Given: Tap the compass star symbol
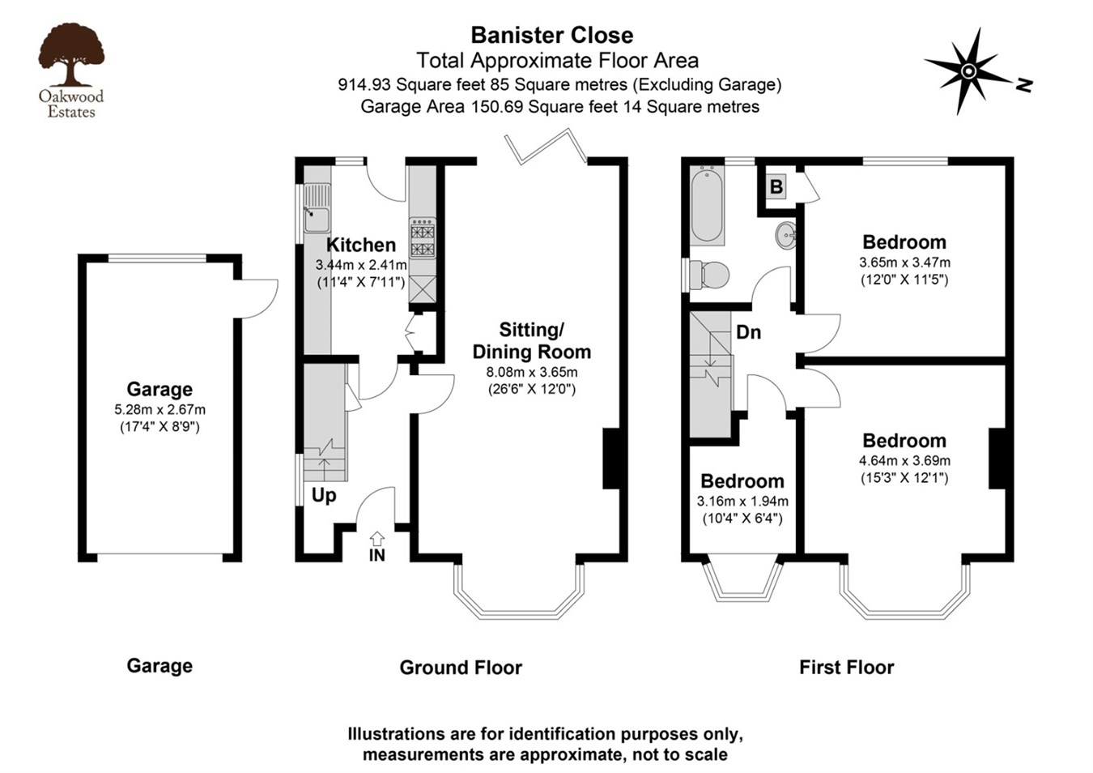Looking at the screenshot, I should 968,71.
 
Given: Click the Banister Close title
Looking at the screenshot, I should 552,35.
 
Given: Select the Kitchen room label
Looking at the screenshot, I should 361,245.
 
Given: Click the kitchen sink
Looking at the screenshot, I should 317,218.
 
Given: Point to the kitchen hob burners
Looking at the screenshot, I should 422,237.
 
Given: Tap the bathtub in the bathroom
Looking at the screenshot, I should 707,204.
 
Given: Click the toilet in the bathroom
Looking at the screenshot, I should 709,274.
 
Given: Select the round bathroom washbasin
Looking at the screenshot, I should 785,236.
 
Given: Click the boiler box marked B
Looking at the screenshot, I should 776,187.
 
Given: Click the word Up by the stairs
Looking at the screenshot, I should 324,495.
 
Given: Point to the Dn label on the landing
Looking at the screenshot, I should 748,332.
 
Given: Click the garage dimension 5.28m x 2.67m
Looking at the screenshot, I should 159,409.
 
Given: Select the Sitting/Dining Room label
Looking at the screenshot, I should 531,340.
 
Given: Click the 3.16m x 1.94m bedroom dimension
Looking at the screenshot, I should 742,501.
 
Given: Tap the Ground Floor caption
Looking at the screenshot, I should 461,668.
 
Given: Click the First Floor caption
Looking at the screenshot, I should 846,668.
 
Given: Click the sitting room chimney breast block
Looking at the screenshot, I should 614,459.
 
